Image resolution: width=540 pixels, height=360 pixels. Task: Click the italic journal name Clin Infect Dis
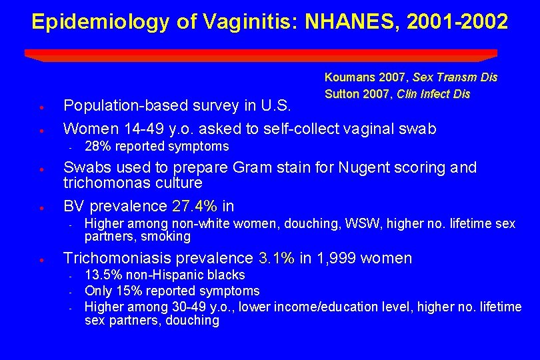pos(433,93)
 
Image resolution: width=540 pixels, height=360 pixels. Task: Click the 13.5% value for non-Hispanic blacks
pos(99,275)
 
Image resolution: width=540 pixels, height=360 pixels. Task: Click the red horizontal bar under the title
pos(261,54)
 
